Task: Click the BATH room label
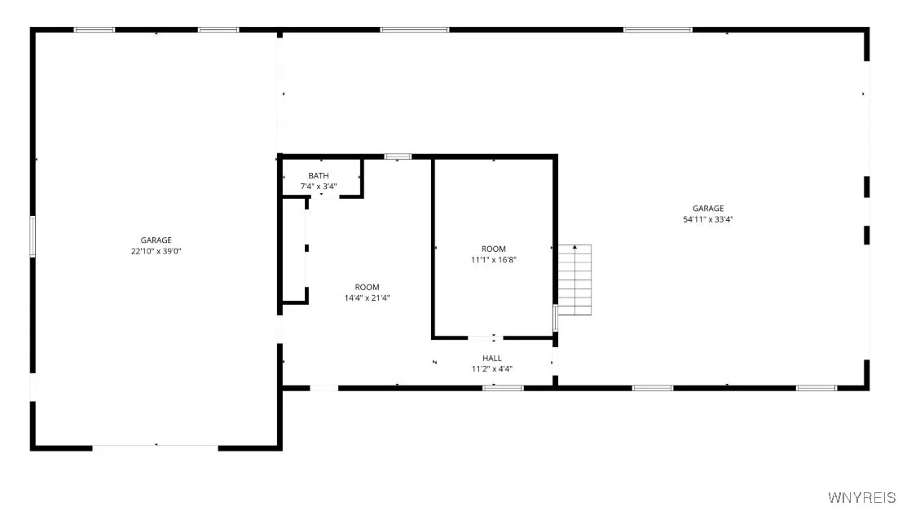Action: tap(319, 176)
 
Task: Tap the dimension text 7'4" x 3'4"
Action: tap(319, 187)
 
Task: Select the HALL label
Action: tap(492, 358)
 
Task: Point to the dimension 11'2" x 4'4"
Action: tap(492, 368)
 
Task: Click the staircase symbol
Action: tap(575, 280)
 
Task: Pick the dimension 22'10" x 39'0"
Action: tap(156, 251)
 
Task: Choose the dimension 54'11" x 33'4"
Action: tap(702, 219)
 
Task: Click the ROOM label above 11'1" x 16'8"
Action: tap(494, 249)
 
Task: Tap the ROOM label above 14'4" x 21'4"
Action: tap(367, 287)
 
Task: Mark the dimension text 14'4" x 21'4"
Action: tap(367, 297)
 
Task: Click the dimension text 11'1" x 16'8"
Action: tap(494, 259)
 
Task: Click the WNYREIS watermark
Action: tap(861, 497)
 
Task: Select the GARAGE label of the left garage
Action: tap(156, 240)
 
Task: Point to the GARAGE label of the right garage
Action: tap(702, 209)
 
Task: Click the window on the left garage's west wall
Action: tap(33, 236)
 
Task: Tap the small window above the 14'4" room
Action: tap(398, 156)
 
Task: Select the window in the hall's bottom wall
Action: tap(502, 388)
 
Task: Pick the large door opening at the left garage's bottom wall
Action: tap(155, 447)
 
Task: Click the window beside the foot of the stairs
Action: tap(555, 318)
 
